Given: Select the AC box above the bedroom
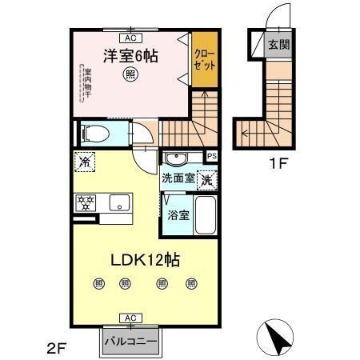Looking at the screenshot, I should [128, 36].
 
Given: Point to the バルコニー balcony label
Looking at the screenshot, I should [130, 342].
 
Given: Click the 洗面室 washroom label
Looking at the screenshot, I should [178, 178].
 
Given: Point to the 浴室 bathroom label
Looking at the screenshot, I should [178, 214].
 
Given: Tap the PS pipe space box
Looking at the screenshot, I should [212, 156].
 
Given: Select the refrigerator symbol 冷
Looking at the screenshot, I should [85, 162].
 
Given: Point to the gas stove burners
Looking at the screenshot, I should [86, 202].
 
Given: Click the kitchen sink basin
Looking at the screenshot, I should [120, 202].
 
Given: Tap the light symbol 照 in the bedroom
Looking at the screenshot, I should [130, 75].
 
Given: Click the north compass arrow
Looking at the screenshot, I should [278, 337].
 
